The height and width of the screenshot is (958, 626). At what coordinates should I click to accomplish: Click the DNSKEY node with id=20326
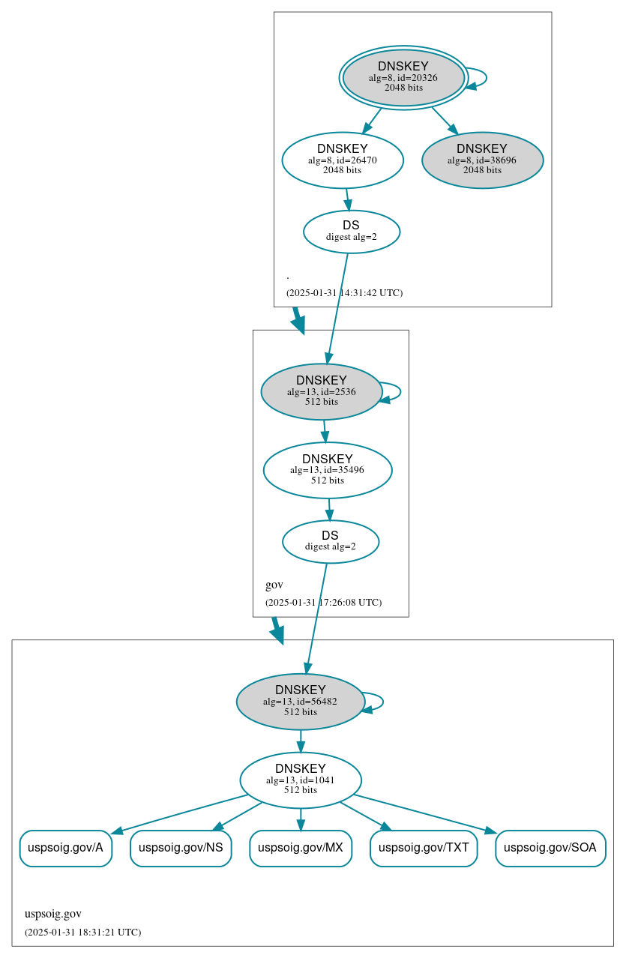[x=403, y=77]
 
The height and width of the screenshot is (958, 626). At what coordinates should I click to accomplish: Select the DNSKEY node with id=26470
[x=343, y=160]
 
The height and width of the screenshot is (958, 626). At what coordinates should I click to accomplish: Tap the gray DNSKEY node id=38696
[x=482, y=160]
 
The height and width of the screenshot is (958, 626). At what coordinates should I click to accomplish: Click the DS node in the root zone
[x=351, y=232]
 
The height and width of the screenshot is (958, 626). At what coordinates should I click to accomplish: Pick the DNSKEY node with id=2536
[x=322, y=391]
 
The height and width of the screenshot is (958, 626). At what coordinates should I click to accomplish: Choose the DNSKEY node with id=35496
[x=328, y=470]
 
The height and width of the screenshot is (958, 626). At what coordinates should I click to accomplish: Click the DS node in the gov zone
[x=330, y=541]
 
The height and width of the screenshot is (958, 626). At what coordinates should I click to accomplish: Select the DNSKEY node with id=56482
[x=300, y=702]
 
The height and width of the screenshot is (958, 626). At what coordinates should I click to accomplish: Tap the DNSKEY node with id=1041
[x=300, y=780]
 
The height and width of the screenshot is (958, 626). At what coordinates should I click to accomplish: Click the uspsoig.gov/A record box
[x=65, y=848]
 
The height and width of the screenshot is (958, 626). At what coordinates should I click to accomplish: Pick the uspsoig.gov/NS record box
[x=181, y=848]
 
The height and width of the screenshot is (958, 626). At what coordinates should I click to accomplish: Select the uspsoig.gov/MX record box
[x=300, y=848]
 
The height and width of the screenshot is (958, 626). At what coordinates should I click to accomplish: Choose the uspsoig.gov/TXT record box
[x=424, y=848]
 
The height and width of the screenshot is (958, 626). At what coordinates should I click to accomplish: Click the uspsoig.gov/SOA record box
[x=550, y=848]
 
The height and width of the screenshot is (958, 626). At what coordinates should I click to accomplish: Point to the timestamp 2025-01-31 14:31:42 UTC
[x=344, y=293]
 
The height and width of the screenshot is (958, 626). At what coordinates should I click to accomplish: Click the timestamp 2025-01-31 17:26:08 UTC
[x=323, y=603]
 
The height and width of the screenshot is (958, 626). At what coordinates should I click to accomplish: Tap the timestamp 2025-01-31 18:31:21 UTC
[x=82, y=933]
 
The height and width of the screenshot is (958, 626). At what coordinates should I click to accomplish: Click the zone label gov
[x=274, y=585]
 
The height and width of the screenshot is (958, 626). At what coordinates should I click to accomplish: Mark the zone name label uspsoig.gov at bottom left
[x=52, y=914]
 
